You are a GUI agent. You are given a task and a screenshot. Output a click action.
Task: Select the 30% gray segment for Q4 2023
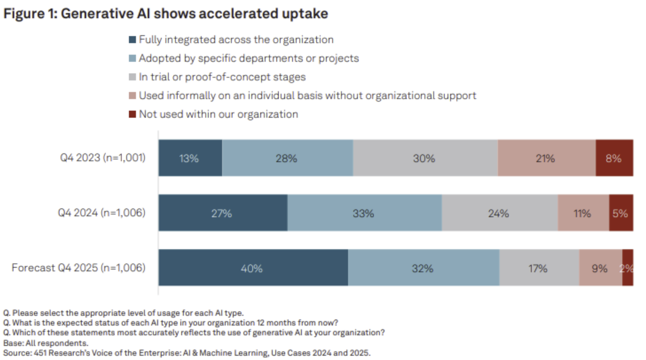[x=424, y=158]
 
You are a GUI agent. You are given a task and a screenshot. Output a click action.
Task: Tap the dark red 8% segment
[x=614, y=158]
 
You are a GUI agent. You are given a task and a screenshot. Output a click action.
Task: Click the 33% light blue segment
[x=364, y=213]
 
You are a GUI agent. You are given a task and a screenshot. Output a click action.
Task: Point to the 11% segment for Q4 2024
[x=583, y=213]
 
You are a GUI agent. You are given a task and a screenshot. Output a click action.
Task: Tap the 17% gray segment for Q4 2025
[x=538, y=268]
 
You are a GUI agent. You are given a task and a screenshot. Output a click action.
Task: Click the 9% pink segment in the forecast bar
[x=600, y=268]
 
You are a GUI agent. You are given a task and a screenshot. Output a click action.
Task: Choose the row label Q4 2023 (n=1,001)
[x=103, y=158]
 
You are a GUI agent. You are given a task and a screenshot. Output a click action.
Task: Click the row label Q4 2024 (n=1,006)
[x=102, y=212]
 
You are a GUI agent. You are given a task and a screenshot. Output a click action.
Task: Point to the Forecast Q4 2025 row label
[x=78, y=268]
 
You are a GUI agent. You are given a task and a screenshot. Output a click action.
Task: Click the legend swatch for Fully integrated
[x=132, y=40]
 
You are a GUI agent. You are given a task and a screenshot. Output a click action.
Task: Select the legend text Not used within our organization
[x=218, y=114]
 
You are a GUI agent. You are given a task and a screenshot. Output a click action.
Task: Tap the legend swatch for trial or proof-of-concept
[x=132, y=77]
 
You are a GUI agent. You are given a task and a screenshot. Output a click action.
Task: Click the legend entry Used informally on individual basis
[x=307, y=96]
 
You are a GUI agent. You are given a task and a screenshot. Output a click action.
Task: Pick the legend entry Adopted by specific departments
[x=249, y=58]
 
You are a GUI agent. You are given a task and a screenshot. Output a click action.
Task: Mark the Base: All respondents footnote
[x=46, y=343]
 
